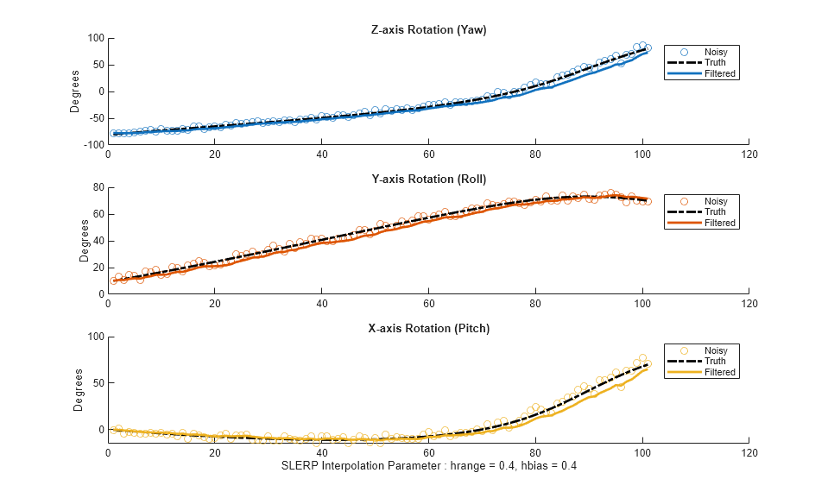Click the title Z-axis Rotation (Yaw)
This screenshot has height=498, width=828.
(x=428, y=30)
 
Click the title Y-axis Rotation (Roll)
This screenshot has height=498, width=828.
(x=428, y=180)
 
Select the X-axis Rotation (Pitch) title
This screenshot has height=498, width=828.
(x=428, y=329)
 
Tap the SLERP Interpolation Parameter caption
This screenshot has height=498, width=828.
(x=428, y=466)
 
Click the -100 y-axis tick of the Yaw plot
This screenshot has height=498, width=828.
(x=93, y=145)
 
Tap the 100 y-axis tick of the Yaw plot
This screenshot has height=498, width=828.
(x=95, y=38)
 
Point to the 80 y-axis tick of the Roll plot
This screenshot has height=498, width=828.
(x=98, y=187)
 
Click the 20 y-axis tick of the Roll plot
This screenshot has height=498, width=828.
(x=98, y=268)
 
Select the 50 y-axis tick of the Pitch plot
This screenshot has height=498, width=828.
(x=98, y=382)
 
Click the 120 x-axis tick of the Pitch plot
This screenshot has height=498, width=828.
(x=749, y=452)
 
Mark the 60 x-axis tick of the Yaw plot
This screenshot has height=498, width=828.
(x=428, y=154)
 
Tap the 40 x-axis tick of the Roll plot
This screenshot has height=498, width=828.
(x=321, y=303)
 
